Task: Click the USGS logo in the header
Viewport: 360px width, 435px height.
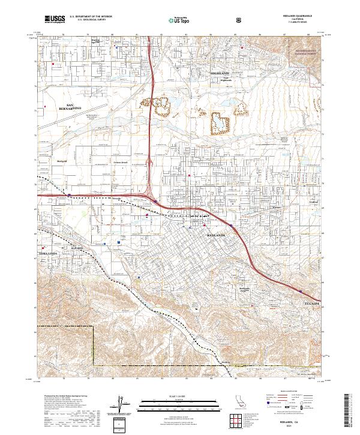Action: (x=55, y=19)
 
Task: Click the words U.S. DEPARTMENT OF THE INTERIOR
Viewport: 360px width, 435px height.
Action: (x=90, y=16)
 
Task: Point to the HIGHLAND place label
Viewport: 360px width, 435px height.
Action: (x=220, y=73)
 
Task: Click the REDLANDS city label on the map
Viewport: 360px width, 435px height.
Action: (x=216, y=235)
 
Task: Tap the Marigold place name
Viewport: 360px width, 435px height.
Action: (x=61, y=161)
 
